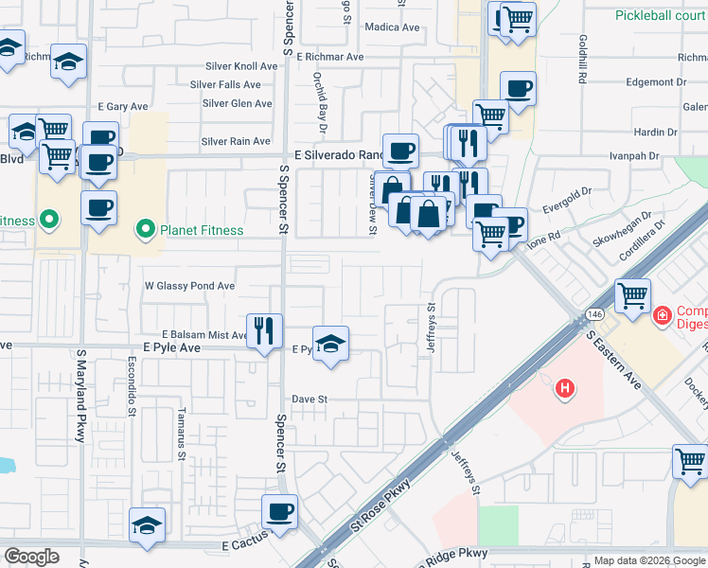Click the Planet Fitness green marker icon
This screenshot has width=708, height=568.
145,229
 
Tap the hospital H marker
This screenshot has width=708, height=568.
565,387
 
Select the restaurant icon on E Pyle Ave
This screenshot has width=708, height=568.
264,331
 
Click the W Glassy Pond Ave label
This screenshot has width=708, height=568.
189,286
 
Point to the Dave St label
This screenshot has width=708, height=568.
309,399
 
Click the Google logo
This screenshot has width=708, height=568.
31,557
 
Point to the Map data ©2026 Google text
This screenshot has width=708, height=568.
648,561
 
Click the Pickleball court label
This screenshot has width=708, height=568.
661,15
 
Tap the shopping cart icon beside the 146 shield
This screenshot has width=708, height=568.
632,295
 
